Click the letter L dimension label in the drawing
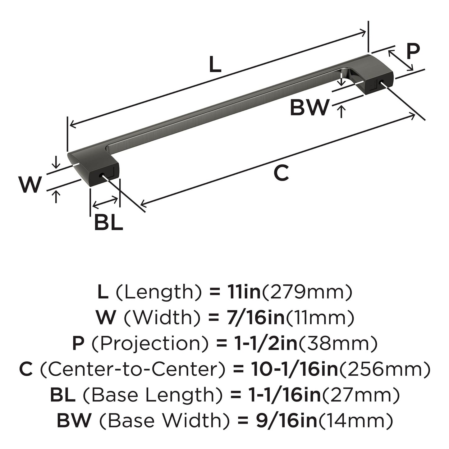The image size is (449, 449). pos(215,64)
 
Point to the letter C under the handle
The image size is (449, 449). pos(281,173)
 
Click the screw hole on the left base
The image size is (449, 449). pos(102,175)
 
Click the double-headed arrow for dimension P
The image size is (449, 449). pos(401,61)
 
